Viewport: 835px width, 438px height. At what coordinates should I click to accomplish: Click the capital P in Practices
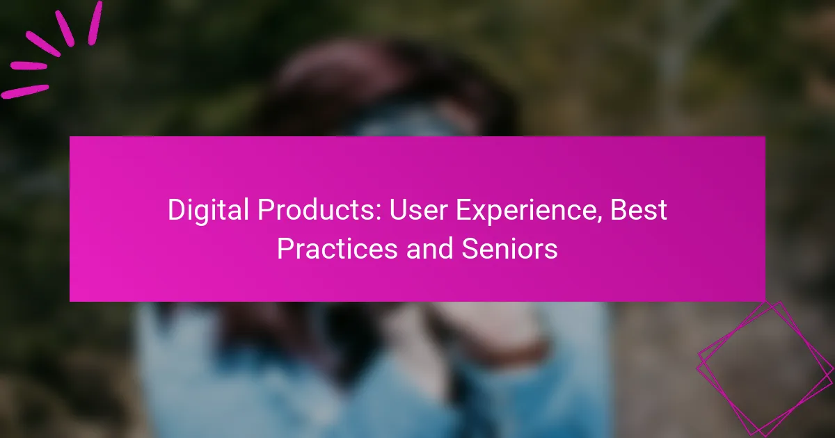tap(284, 249)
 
